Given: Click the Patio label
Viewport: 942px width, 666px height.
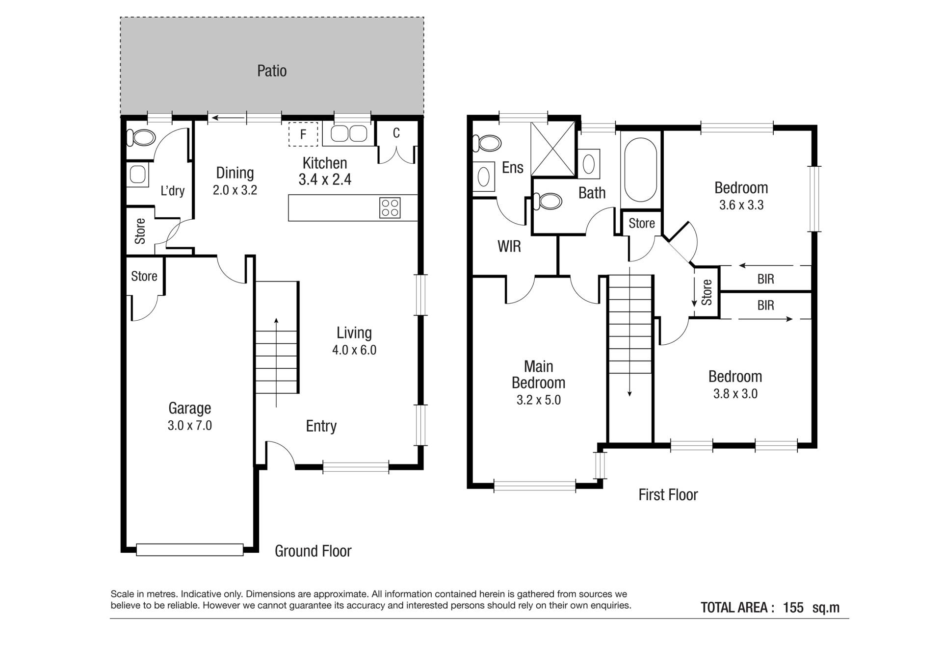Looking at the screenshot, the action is click(272, 71).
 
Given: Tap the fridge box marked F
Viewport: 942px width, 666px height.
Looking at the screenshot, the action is click(303, 134).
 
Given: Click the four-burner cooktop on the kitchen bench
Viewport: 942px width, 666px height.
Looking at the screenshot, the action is click(390, 207).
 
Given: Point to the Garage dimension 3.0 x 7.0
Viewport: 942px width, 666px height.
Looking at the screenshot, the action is click(190, 425).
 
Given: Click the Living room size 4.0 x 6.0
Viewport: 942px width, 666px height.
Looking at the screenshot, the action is click(354, 350).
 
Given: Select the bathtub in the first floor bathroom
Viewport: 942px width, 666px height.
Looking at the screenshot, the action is click(641, 169).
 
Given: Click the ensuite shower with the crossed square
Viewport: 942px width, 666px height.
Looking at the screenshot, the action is click(553, 149).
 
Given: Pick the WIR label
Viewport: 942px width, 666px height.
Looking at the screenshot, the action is click(509, 246).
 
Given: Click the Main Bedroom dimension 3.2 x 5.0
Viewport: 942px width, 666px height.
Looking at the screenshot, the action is click(539, 400).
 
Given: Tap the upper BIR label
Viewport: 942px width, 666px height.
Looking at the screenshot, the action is click(765, 279).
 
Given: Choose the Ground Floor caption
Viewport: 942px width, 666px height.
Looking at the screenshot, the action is click(313, 551).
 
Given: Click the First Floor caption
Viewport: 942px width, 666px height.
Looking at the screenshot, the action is click(668, 494).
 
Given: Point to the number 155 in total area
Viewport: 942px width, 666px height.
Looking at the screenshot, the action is click(793, 608).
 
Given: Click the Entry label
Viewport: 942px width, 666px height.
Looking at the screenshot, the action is click(321, 426).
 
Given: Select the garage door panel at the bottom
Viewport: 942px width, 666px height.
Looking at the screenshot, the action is click(189, 549).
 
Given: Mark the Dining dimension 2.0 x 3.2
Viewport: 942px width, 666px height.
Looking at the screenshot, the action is click(235, 190).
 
